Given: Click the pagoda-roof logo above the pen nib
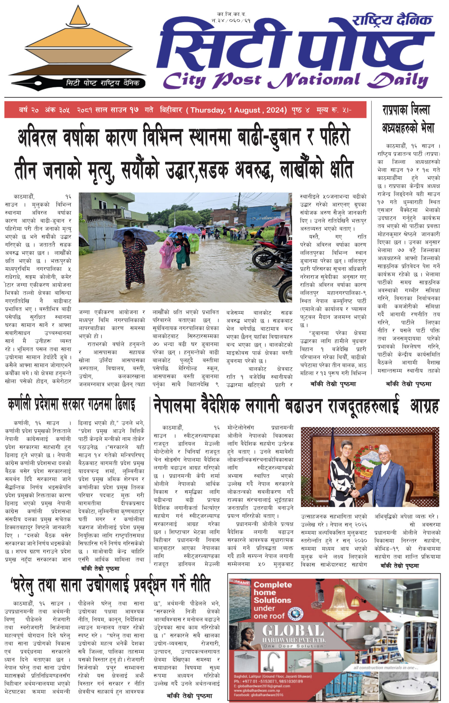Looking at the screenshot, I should click(x=78, y=44).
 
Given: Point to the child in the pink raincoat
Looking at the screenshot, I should click(x=167, y=252).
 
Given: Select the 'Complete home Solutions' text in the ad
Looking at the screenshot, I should click(x=272, y=600).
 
